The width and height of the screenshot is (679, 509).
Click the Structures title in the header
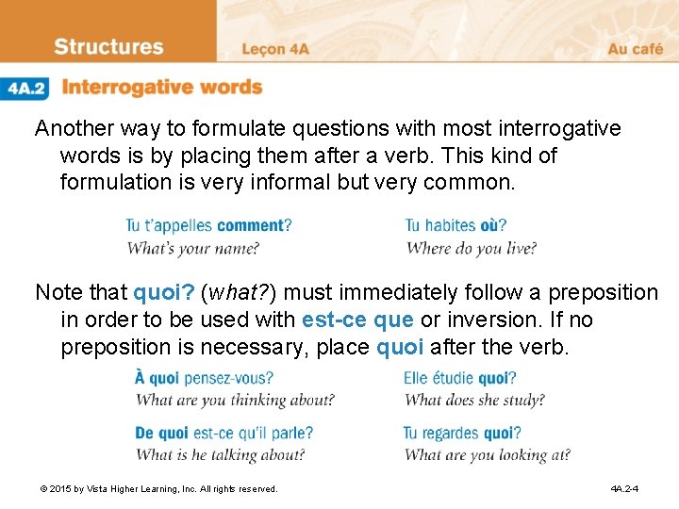[108, 47]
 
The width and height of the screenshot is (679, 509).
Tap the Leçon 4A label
[276, 49]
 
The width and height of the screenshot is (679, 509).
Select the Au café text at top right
[635, 49]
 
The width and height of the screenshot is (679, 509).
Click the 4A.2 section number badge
[26, 88]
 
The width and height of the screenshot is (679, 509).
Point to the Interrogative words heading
[161, 88]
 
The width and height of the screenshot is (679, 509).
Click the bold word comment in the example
[252, 225]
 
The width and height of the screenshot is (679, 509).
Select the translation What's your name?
[192, 249]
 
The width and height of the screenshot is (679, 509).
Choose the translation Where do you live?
[472, 249]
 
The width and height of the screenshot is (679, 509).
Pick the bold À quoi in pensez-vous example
[157, 378]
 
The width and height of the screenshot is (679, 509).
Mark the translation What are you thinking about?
[235, 400]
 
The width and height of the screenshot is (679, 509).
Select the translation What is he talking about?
[220, 455]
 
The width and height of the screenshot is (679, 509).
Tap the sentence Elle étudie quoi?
[459, 378]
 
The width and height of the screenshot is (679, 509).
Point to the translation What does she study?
[473, 400]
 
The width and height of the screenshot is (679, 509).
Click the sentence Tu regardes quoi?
[462, 434]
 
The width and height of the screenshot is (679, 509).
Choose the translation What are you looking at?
[487, 455]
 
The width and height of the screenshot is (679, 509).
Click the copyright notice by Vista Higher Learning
[158, 489]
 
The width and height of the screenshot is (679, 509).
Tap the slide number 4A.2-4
[624, 489]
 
